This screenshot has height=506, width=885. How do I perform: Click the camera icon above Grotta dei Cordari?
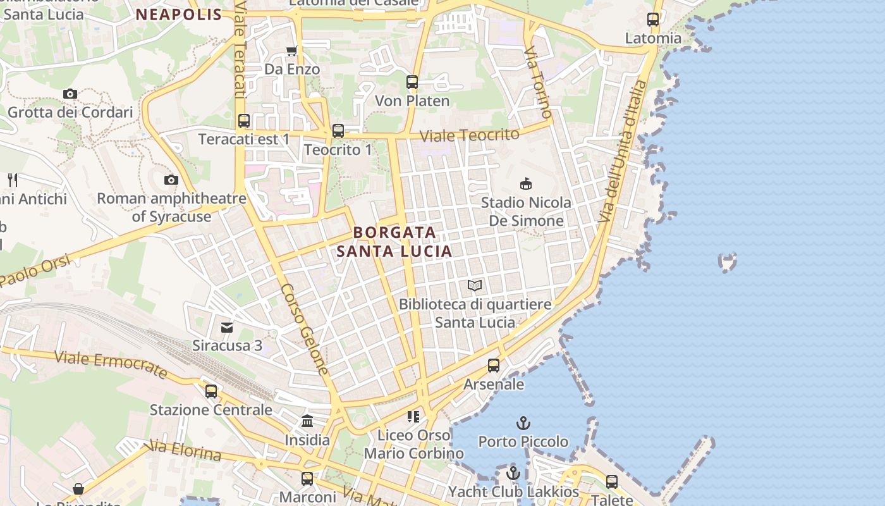(70, 94)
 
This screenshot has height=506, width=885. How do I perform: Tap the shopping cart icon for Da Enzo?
(291, 51)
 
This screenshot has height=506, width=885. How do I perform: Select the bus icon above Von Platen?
(412, 82)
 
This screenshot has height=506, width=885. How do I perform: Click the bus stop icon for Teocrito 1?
(338, 131)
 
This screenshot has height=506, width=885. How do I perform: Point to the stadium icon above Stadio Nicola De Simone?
(525, 184)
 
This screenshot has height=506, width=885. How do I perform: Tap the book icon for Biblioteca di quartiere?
(475, 286)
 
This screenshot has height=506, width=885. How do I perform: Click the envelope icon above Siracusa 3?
(227, 327)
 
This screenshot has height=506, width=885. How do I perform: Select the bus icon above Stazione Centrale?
(211, 391)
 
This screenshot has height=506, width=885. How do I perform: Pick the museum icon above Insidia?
(307, 421)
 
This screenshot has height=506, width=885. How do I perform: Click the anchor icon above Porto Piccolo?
(523, 423)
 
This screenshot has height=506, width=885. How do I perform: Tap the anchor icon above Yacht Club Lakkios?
(513, 473)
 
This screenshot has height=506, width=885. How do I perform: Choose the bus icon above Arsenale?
(494, 366)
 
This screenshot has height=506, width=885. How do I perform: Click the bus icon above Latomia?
(653, 20)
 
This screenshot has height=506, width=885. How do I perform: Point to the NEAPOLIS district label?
(179, 15)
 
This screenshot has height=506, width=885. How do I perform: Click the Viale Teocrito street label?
(470, 135)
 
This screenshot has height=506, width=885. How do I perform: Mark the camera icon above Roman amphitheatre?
(171, 180)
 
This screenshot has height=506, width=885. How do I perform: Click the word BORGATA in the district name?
(395, 232)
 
